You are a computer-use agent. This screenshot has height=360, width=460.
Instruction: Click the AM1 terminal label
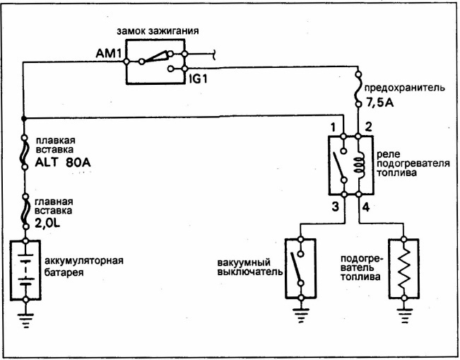109,54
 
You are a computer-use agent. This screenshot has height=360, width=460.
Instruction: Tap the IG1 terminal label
198,79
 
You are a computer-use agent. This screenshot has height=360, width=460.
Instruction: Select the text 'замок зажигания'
158,31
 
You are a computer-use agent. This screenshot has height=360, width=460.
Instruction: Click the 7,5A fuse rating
379,103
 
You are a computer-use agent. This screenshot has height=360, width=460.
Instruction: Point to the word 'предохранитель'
405,88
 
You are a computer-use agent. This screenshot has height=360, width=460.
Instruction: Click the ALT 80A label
63,163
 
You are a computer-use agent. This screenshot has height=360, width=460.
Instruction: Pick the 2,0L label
47,223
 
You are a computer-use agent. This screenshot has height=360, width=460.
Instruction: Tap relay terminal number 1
333,128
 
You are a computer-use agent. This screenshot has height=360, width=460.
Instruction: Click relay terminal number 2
368,127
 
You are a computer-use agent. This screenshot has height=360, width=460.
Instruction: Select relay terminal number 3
336,207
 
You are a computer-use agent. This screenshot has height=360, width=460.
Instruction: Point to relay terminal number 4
366,207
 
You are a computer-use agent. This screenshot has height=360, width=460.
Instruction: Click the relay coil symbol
359,166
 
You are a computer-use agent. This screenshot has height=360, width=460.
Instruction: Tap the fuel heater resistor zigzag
404,269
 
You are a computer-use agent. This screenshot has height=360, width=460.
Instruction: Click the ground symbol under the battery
25,320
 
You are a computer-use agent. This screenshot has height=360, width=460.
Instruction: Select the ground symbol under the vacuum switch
301,315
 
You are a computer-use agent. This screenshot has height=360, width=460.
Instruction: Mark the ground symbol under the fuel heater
405,315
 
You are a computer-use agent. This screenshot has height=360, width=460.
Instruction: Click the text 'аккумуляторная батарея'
83,267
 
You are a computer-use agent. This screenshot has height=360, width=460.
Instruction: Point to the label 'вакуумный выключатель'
250,267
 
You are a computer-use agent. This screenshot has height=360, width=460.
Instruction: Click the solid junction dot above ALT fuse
24,118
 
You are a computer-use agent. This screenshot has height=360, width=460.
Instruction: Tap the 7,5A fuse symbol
358,89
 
